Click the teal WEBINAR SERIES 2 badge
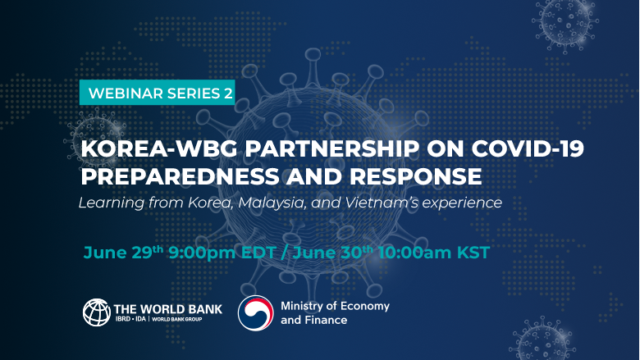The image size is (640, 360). [158, 93]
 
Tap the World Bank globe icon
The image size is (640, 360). [97, 312]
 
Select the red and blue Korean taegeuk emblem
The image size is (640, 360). [256, 312]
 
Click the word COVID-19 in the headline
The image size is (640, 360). [528, 148]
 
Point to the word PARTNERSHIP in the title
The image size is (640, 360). [331, 148]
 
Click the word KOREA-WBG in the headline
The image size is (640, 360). [159, 148]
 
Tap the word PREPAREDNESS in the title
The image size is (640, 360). [180, 176]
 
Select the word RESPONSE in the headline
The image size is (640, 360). [415, 176]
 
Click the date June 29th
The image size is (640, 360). [123, 252]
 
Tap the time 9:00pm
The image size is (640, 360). [202, 253]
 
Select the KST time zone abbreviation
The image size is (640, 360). [473, 253]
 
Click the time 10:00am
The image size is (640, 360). [414, 253]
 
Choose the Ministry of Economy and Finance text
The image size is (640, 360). [335, 312]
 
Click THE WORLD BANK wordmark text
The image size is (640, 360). [167, 309]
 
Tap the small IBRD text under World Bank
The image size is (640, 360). [122, 319]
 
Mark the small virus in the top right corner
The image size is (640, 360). [565, 25]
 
